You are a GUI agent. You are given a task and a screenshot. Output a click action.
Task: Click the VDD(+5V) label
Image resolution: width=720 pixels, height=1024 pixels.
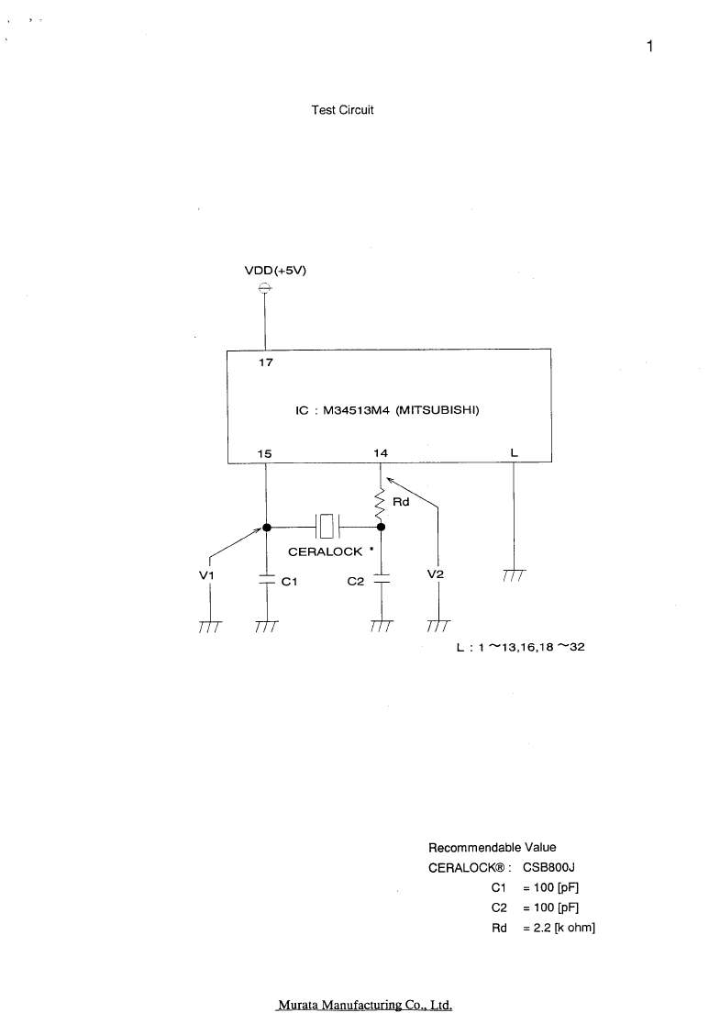(275, 271)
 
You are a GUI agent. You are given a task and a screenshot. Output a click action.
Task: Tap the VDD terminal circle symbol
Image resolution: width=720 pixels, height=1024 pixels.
(265, 287)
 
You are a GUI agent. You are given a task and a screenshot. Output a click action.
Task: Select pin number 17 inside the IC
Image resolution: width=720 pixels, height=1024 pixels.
(266, 362)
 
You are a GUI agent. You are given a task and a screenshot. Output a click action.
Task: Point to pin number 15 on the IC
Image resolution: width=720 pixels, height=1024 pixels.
(264, 453)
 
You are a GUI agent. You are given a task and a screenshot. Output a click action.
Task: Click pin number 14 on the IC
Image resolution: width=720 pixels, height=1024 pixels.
(381, 452)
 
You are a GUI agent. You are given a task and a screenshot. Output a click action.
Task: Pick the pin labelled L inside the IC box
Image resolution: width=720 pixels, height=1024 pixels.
(515, 452)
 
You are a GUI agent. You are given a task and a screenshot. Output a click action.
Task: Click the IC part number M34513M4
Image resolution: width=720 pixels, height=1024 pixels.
(357, 411)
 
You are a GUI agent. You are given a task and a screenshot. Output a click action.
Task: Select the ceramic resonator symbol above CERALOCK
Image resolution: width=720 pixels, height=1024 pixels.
(327, 526)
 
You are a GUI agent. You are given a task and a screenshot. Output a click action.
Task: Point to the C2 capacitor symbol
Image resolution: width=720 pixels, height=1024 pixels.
(382, 579)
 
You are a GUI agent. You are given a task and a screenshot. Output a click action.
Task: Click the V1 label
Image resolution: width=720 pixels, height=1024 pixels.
(206, 575)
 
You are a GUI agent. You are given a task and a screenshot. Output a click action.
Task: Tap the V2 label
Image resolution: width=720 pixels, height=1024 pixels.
(436, 574)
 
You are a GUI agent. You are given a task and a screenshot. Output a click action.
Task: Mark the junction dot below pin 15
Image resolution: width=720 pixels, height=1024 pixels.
(266, 527)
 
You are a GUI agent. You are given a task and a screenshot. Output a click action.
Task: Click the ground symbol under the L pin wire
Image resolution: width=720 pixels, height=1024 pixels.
(515, 575)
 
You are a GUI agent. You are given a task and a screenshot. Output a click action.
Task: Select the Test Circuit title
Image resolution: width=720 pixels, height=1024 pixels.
(343, 110)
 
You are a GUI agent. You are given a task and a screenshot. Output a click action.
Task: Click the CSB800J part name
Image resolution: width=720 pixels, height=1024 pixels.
(549, 867)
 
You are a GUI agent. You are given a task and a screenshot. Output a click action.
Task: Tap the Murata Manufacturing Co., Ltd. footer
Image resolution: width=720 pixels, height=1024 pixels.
(365, 1005)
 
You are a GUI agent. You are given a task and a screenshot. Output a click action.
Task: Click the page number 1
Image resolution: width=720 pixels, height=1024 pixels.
(650, 46)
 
